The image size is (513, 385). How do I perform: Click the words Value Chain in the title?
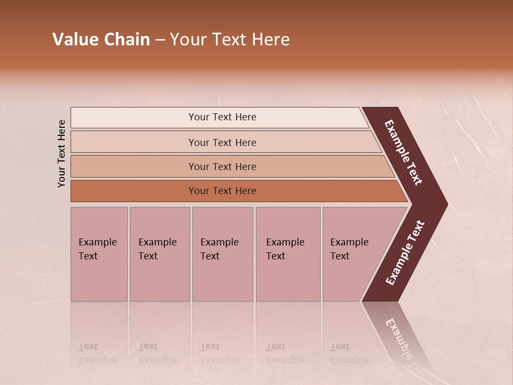pyautogui.click(x=101, y=40)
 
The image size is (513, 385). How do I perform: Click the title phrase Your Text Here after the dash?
pyautogui.click(x=230, y=40)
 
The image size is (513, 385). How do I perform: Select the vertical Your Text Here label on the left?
pyautogui.click(x=61, y=153)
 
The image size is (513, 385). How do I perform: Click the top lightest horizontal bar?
pyautogui.click(x=222, y=117)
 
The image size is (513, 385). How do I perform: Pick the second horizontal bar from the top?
pyautogui.click(x=222, y=142)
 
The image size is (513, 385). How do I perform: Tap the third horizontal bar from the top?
pyautogui.click(x=222, y=166)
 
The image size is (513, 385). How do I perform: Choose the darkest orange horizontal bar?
pyautogui.click(x=222, y=191)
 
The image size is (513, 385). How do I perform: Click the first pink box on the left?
pyautogui.click(x=99, y=254)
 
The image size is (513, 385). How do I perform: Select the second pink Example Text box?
pyautogui.click(x=159, y=254)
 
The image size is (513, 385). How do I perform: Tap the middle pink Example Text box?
pyautogui.click(x=222, y=254)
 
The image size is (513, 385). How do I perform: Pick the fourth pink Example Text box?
pyautogui.click(x=287, y=254)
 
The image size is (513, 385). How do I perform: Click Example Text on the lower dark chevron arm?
pyautogui.click(x=405, y=252)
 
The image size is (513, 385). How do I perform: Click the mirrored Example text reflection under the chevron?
pyautogui.click(x=398, y=338)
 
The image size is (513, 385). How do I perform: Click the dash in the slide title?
pyautogui.click(x=160, y=40)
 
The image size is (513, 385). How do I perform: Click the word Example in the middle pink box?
pyautogui.click(x=219, y=242)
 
